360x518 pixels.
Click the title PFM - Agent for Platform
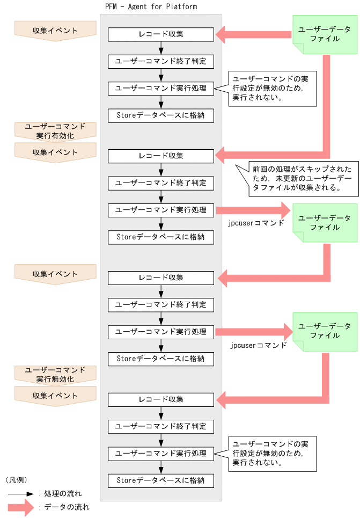click(x=151, y=7)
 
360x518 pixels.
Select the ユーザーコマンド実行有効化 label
click(x=55, y=131)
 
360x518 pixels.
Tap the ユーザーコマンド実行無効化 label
click(x=55, y=375)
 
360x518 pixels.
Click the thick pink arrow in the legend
click(x=21, y=507)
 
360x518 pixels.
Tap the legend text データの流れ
click(x=63, y=507)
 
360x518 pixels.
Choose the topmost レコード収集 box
click(x=161, y=34)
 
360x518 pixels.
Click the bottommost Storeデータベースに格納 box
click(x=161, y=480)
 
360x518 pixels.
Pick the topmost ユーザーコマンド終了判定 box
click(x=161, y=61)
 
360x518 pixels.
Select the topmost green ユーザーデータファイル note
click(x=325, y=34)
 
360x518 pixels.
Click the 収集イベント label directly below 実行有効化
click(x=55, y=152)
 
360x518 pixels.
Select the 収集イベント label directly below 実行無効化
click(x=55, y=396)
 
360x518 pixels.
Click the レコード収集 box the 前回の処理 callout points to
click(x=161, y=156)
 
